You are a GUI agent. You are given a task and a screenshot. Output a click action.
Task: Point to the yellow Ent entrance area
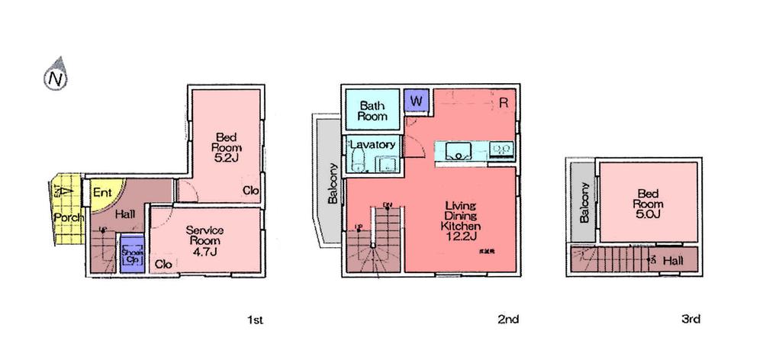(102, 191)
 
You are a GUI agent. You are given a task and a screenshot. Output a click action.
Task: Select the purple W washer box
(416, 101)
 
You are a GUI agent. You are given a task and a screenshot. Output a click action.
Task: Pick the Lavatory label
(372, 144)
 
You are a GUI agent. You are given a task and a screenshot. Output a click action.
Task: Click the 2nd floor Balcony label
(333, 184)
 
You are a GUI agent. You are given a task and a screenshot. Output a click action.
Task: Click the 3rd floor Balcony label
(585, 202)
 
